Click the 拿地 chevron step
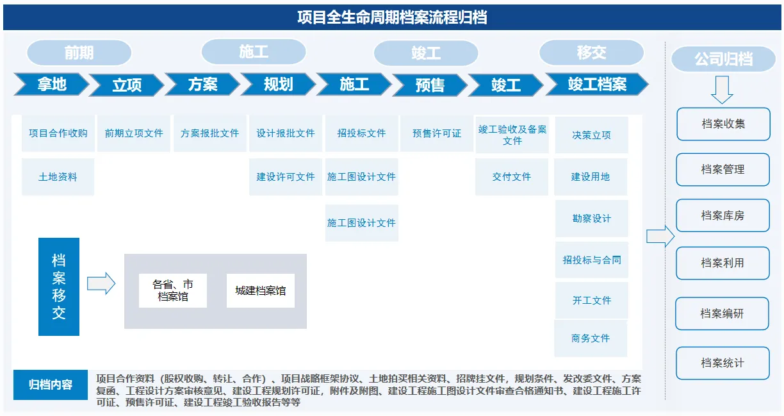click(51, 84)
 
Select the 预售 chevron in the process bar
click(430, 85)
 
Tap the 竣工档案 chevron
click(597, 84)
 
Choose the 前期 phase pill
click(79, 53)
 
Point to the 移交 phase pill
click(591, 53)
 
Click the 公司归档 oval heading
click(723, 59)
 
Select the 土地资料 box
click(58, 176)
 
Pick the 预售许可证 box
click(436, 133)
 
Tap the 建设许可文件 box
click(285, 176)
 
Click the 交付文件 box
click(511, 176)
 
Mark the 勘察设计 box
click(591, 219)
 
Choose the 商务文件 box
click(591, 338)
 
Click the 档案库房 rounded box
click(723, 215)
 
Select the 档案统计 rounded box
click(723, 363)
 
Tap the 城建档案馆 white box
click(261, 290)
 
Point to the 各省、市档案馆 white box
click(173, 290)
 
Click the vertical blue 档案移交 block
click(59, 287)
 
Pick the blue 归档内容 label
click(51, 385)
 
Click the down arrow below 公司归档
click(722, 90)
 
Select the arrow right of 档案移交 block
click(101, 283)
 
